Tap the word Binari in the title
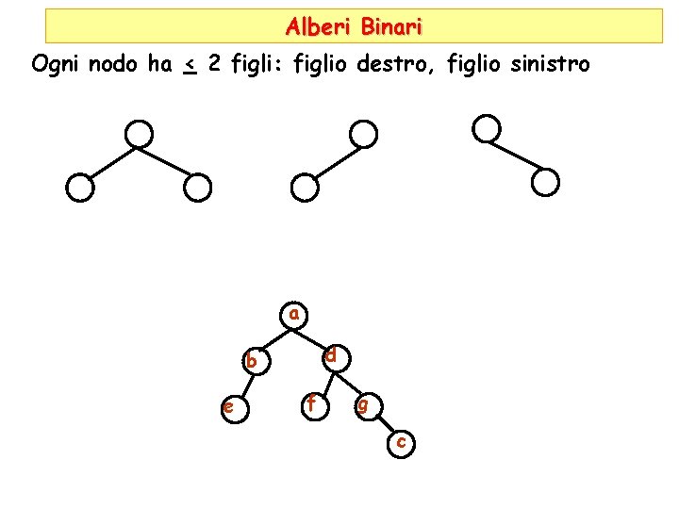click(391, 26)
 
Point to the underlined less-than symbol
click(190, 66)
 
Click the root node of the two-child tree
click(140, 134)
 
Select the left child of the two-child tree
click(81, 189)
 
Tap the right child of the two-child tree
click(196, 189)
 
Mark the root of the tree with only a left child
click(362, 134)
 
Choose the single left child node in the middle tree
click(304, 189)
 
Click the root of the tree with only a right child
click(486, 128)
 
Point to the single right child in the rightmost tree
click(545, 182)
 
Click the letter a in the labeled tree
click(294, 313)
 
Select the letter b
click(251, 360)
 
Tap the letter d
click(332, 356)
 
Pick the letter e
click(228, 407)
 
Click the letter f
click(311, 404)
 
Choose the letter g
click(363, 406)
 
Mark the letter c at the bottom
click(402, 441)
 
